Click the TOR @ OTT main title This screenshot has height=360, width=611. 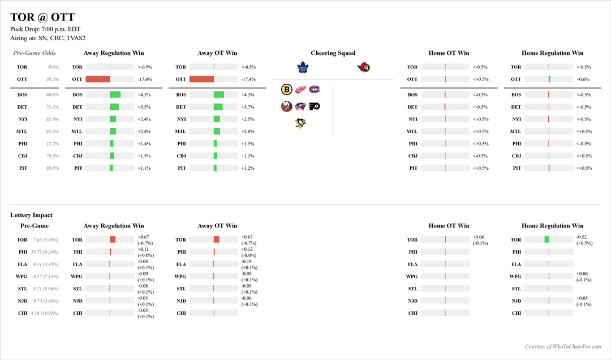coord(42,18)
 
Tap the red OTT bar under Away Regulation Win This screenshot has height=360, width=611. coord(98,79)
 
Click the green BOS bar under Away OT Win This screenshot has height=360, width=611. coord(219,95)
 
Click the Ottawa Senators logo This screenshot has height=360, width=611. coord(363,67)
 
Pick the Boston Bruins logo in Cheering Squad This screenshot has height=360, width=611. coord(287,89)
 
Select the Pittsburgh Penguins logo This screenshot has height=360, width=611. coord(301,123)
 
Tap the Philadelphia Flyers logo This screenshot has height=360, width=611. coord(315,106)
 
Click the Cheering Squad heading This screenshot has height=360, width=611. coord(333,53)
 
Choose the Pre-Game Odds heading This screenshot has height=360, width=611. coord(35,53)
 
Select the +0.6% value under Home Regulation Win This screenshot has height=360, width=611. coord(582,79)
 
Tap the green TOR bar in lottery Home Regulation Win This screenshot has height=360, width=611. coord(547,239)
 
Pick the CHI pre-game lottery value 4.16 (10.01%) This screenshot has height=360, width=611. coord(45,313)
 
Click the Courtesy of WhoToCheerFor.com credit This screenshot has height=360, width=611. coord(563,346)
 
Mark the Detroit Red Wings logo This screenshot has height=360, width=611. coord(301,89)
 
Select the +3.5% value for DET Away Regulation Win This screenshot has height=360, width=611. coord(144,107)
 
